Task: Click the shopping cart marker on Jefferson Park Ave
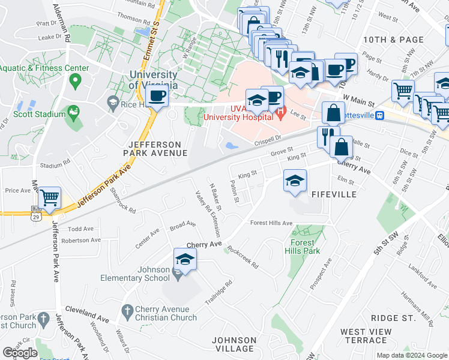50,197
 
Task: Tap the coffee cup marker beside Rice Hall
157,96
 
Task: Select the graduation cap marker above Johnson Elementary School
185,260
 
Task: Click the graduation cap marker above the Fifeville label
295,181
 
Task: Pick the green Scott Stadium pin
73,112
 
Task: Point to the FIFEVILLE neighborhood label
334,194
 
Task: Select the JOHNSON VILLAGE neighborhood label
235,344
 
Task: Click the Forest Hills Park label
303,247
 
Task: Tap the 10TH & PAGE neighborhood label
386,40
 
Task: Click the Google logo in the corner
20,352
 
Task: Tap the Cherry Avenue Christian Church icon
126,310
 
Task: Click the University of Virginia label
153,80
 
